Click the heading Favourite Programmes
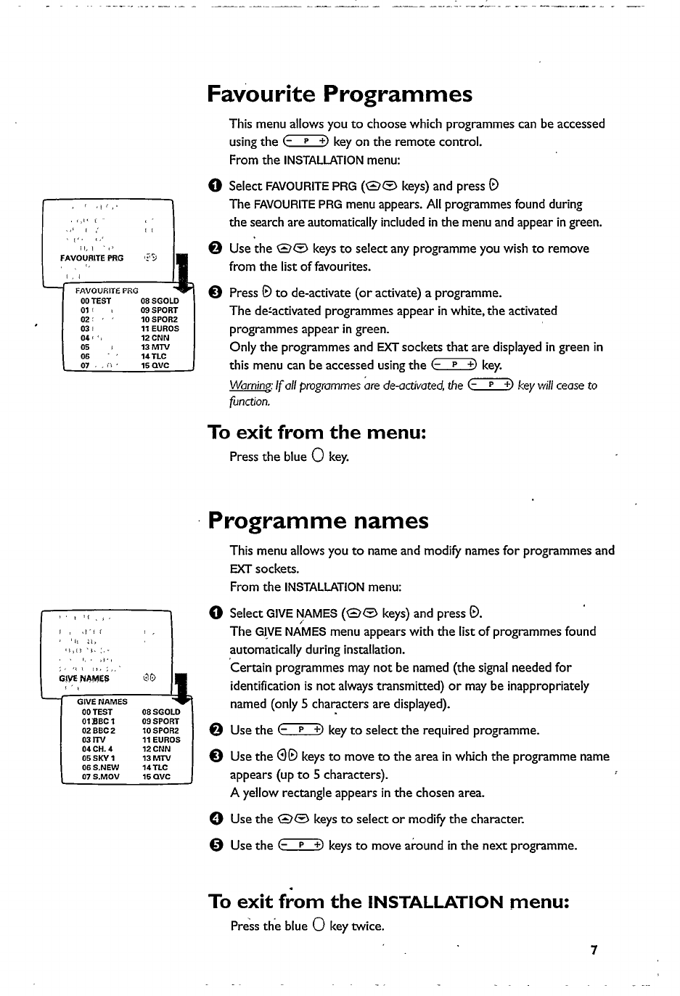339,94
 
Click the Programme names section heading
318,521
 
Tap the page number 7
593,950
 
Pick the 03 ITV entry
94,740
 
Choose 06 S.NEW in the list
100,767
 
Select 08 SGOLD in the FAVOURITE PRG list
159,301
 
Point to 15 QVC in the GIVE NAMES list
156,776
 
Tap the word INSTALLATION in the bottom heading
435,902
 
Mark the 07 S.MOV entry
100,776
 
